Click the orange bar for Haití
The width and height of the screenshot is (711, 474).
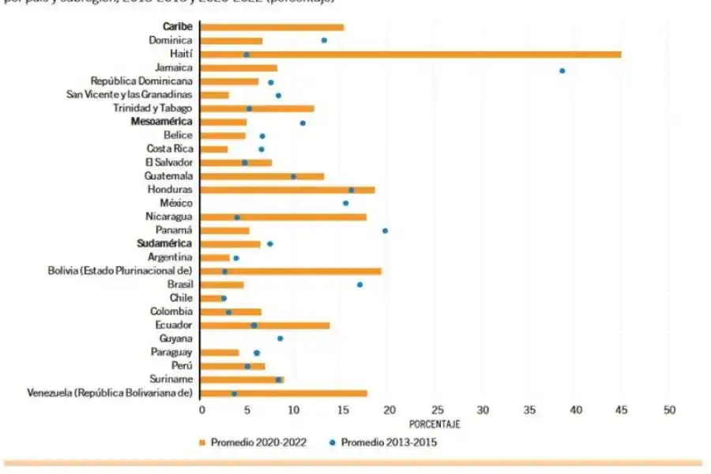pos(411,54)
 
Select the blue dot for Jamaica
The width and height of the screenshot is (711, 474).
pos(562,70)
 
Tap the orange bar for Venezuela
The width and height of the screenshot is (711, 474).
pos(284,393)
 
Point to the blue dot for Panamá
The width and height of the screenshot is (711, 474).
pos(385,231)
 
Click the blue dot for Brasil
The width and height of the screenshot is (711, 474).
pos(359,284)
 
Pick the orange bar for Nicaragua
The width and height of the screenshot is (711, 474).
pos(284,216)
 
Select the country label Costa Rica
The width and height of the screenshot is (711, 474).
pos(170,149)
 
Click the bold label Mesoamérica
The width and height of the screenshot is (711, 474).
pos(162,122)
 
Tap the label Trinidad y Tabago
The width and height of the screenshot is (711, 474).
pos(152,108)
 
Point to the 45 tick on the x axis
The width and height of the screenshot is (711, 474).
pos(622,409)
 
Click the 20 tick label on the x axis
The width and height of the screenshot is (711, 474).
pos(389,409)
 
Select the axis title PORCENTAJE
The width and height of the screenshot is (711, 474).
pos(434,424)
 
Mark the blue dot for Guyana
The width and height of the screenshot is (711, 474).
pos(280,338)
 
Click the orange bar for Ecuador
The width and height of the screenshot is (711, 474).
pos(265,325)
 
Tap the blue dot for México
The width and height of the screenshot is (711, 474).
pos(345,203)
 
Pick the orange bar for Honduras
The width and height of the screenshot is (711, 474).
pos(288,190)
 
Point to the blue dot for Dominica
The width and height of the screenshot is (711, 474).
pos(324,40)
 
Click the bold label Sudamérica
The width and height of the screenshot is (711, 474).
pos(165,244)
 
